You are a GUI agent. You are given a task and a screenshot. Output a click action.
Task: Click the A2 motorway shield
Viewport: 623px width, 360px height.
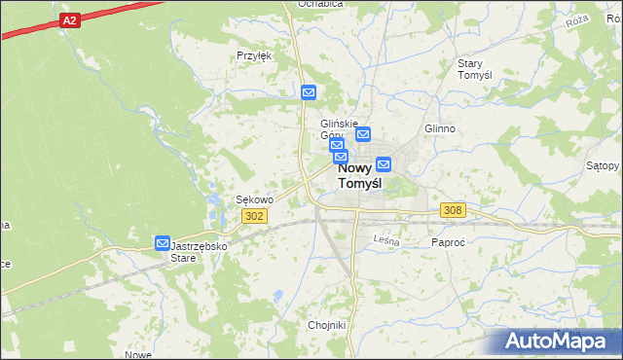pos(68,19)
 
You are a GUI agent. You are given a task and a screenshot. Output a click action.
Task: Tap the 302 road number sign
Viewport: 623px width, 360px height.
pos(255,216)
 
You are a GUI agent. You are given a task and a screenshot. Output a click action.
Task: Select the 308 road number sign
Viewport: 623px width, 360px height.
pos(453,210)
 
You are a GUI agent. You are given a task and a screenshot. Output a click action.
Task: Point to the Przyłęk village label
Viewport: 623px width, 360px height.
pos(254,55)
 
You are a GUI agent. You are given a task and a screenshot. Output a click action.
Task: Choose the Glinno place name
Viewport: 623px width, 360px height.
pos(441,127)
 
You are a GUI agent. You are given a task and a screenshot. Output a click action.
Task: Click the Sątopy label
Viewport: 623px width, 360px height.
pos(604,165)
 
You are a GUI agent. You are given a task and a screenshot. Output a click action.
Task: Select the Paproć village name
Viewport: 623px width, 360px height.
pos(449,241)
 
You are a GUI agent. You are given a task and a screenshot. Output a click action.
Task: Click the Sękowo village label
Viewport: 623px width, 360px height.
pos(255,199)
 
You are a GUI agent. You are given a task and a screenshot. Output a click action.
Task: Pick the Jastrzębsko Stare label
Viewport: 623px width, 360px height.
pos(199,252)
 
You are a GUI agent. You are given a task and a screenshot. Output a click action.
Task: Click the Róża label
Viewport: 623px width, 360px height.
pos(578,19)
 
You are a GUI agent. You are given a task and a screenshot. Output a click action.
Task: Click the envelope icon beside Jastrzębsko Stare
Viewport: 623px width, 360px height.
pos(163,242)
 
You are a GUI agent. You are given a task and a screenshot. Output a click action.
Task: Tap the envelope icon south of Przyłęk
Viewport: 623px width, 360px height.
pos(309,92)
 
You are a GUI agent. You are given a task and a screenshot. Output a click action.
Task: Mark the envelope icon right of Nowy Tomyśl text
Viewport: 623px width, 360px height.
pos(384,164)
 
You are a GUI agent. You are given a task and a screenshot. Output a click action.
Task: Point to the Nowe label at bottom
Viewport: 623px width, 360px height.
pos(139,354)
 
